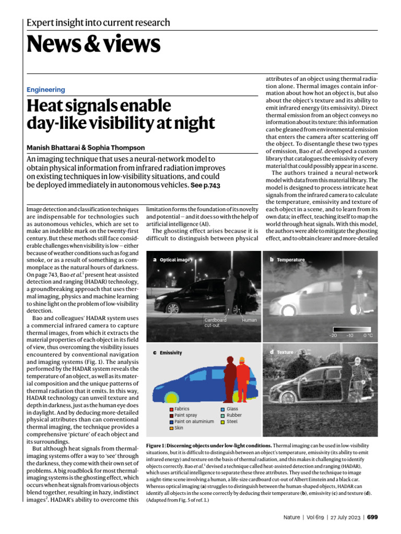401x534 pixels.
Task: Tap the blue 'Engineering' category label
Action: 46,90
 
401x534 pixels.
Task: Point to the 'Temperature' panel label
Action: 290,259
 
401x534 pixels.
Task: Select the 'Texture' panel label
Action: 285,352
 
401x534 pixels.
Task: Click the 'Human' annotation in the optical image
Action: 249,320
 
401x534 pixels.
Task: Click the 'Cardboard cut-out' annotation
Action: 215,322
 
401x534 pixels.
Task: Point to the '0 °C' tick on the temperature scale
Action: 368,335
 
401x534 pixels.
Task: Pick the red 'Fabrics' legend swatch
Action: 171,409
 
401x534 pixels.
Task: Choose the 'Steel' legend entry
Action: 232,421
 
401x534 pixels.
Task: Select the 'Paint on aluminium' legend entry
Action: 194,421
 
